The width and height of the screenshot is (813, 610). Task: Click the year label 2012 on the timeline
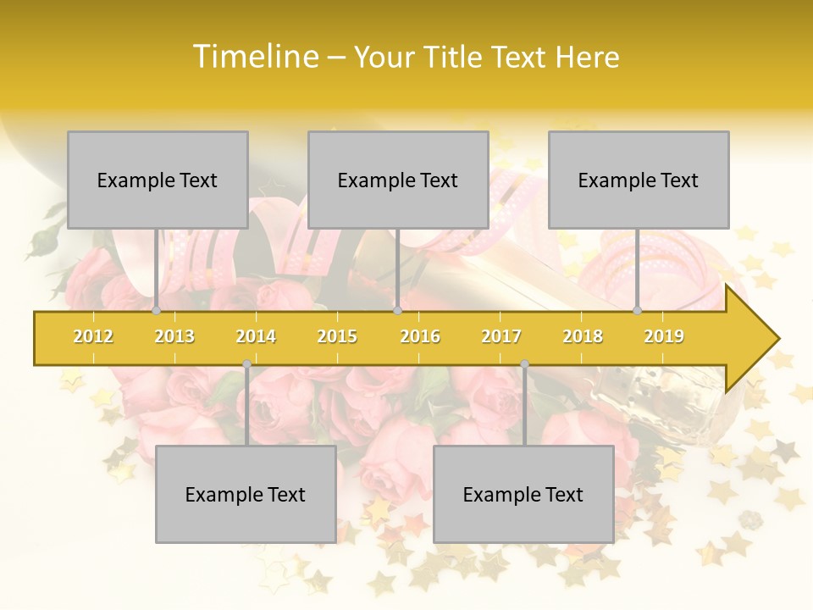[x=93, y=336]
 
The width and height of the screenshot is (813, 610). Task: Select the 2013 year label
[x=174, y=336]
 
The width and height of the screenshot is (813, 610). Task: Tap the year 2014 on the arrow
[x=256, y=336]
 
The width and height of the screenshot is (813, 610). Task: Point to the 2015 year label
[x=337, y=336]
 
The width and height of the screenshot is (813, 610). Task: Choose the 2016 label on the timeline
[x=420, y=336]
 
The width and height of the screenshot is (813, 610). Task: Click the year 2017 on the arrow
[x=501, y=336]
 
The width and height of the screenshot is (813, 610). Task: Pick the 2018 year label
[x=583, y=336]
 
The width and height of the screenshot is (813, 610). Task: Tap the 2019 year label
[x=664, y=336]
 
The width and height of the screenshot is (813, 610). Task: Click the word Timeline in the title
[x=255, y=57]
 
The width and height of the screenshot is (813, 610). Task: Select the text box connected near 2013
[x=158, y=180]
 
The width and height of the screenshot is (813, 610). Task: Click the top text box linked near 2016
[x=398, y=180]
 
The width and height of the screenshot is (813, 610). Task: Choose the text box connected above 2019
[x=639, y=180]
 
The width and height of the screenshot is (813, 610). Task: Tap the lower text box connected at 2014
[x=246, y=494]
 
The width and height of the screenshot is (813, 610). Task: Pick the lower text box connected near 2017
[x=523, y=494]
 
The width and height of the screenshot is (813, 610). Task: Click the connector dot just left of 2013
[x=157, y=311]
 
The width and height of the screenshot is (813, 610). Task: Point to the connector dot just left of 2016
[x=397, y=311]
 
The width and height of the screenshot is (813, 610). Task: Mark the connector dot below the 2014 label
[x=246, y=364]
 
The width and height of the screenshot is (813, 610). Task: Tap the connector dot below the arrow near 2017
[x=524, y=364]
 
